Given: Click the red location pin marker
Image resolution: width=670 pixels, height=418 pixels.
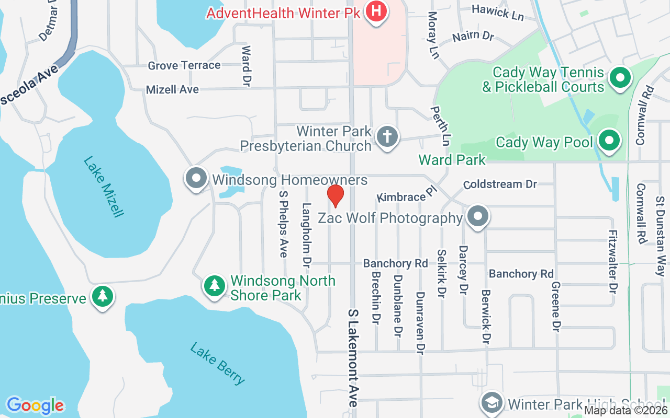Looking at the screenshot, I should click(x=336, y=195).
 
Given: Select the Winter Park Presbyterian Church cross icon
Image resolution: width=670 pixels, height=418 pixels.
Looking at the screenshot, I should click(x=387, y=137).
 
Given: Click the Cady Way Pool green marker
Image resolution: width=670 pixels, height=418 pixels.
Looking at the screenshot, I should click(x=609, y=141).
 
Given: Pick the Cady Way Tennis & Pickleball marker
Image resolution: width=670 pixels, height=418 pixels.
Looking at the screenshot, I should click(x=620, y=78).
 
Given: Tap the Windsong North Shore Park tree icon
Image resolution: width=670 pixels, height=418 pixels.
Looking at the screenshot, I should click(x=215, y=285).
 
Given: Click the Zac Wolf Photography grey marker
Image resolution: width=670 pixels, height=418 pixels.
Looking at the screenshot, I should click(x=477, y=217).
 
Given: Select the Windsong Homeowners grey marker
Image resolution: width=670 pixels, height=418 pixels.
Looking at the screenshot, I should click(x=197, y=179).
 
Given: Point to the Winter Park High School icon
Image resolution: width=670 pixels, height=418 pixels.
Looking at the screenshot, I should click(x=493, y=403).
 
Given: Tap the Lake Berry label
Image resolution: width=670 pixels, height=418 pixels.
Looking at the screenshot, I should click(x=218, y=363).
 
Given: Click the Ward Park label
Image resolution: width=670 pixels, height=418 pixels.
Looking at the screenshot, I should click(x=452, y=160).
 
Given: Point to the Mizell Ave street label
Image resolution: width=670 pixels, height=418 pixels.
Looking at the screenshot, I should click(x=172, y=89).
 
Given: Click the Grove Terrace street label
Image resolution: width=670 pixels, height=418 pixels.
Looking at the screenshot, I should click(x=184, y=65).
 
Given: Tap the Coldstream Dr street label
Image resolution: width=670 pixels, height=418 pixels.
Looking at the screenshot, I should click(x=500, y=184).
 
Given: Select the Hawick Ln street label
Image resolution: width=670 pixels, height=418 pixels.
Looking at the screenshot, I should click(x=497, y=12).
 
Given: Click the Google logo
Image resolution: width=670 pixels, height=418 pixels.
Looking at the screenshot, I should click(x=35, y=405).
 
